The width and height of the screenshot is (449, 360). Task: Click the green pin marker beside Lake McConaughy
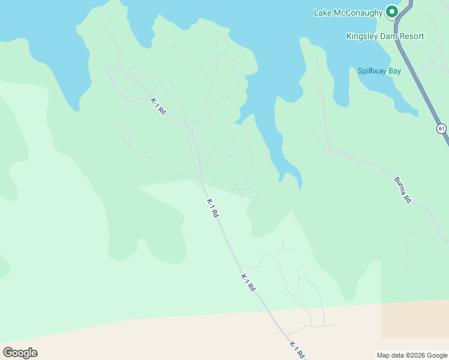click(392, 12)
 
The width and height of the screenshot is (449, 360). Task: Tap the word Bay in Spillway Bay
click(394, 71)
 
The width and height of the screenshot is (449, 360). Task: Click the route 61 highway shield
click(442, 128)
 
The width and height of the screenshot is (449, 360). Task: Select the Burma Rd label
click(402, 190)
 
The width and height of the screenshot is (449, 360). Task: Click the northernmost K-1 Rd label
click(158, 107)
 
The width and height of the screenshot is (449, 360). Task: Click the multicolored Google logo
click(20, 353)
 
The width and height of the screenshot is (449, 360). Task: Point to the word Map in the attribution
click(384, 355)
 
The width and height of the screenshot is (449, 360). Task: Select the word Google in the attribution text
click(438, 355)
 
